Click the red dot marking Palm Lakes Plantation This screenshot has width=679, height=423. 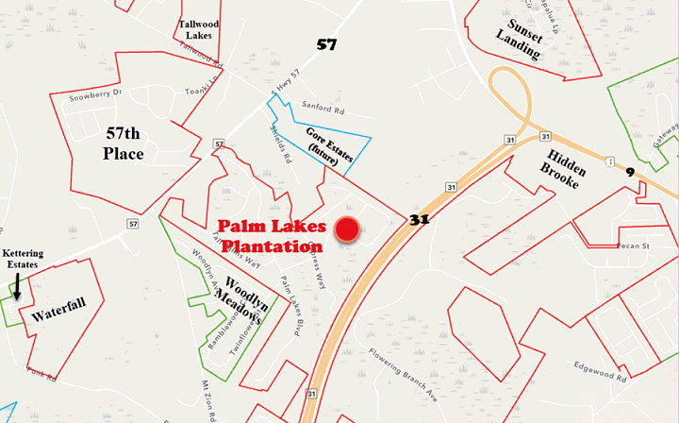pyautogui.click(x=348, y=228)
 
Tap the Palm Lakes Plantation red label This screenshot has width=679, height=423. pyautogui.click(x=271, y=236)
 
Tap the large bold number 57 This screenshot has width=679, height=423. pyautogui.click(x=325, y=43)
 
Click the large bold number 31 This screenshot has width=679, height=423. pyautogui.click(x=421, y=220)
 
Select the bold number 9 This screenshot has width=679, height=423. pyautogui.click(x=628, y=173)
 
